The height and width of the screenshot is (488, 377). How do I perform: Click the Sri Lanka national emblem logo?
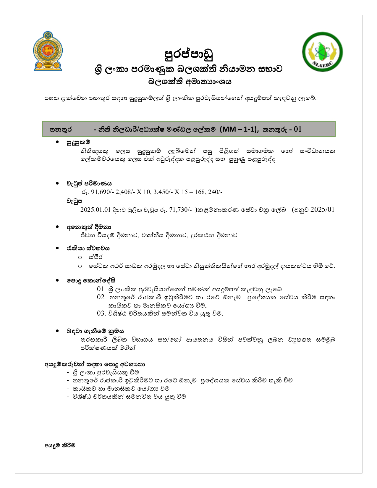tap(48, 51)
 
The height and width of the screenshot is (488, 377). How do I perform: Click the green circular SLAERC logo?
tap(322, 52)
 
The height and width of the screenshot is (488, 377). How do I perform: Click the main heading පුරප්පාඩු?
tap(189, 54)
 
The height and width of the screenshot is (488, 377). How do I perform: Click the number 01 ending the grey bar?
tap(297, 129)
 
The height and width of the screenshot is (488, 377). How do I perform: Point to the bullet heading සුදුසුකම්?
tap(78, 143)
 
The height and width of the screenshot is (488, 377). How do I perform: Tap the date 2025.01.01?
tap(95, 210)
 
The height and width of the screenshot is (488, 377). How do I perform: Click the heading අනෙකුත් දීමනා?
tap(89, 227)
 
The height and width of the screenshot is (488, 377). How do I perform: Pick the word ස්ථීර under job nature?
tap(96, 257)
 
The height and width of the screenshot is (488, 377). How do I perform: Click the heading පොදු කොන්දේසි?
tap(91, 280)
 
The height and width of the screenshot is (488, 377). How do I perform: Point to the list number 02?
tap(101, 297)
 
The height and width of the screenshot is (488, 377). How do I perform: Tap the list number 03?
tap(101, 313)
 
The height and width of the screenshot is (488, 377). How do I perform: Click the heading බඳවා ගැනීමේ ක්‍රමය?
tap(95, 331)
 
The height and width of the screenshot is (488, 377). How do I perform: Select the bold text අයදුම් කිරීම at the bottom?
tap(60, 445)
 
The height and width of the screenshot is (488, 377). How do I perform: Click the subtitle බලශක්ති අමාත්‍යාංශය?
tap(190, 82)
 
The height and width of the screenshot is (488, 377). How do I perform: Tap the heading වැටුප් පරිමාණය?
tap(89, 184)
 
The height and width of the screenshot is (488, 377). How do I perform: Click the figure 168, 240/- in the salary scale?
tap(208, 192)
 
